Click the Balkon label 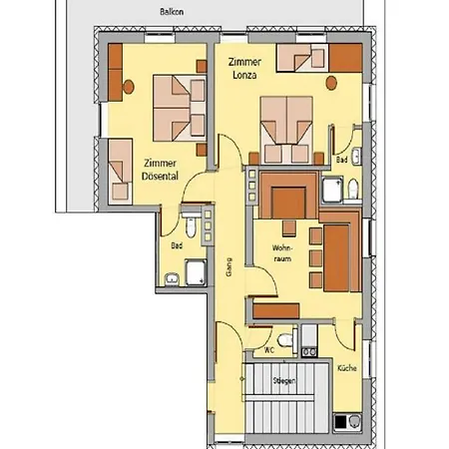click(x=172, y=12)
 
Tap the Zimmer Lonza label click(x=244, y=69)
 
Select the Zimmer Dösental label click(x=160, y=170)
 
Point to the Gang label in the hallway click(x=228, y=266)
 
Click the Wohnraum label click(x=282, y=253)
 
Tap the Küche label click(x=347, y=368)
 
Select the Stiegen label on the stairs click(x=284, y=380)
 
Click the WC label click(x=269, y=350)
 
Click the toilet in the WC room click(x=285, y=340)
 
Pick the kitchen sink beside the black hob click(x=354, y=422)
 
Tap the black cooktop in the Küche click(x=340, y=422)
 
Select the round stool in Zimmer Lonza click(x=331, y=83)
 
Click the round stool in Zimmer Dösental click(x=129, y=87)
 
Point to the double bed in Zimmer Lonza click(x=286, y=130)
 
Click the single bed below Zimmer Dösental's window click(x=120, y=172)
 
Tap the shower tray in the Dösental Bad click(x=196, y=272)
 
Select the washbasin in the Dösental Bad click(x=172, y=279)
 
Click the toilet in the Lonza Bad click(x=353, y=189)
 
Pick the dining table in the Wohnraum click(x=336, y=258)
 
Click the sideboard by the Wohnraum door click(x=276, y=311)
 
